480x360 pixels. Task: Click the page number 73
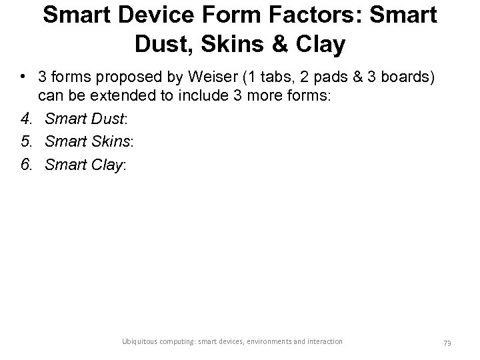(447, 342)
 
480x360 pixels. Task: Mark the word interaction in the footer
(321, 341)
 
